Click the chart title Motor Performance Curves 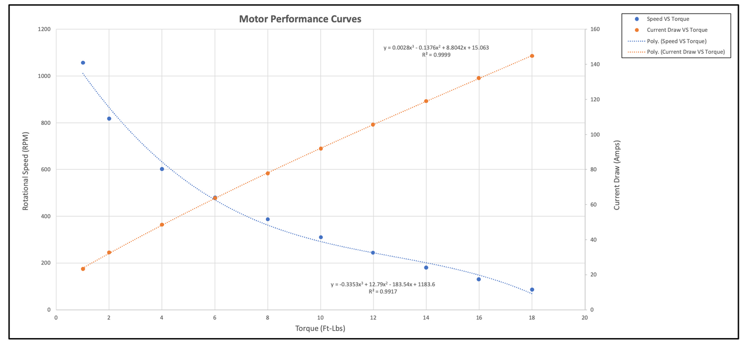300,19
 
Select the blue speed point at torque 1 83,63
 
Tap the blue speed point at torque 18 532,289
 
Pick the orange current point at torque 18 532,56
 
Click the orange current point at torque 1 83,269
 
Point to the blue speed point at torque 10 321,237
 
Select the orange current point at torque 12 373,124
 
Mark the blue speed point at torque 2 109,119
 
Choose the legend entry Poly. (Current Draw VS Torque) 684,52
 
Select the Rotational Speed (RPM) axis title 25,169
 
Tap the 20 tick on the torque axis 585,317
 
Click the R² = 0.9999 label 436,55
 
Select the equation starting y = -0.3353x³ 382,285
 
